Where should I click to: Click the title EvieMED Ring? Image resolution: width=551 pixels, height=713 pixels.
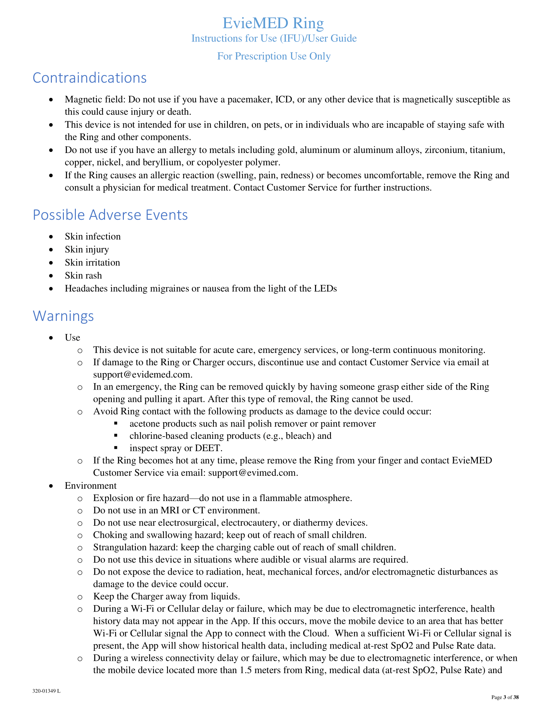coord(273,23)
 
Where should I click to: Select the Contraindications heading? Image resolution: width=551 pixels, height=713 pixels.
coord(89,78)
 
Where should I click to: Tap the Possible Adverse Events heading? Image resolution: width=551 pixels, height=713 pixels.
coord(110,215)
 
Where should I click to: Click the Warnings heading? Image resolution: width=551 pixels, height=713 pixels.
coord(63,316)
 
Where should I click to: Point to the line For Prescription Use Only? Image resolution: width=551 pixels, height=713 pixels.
coord(274,56)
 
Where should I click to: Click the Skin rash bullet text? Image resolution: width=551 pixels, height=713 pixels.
coord(83,275)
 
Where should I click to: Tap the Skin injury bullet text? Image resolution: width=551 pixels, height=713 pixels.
coord(87,250)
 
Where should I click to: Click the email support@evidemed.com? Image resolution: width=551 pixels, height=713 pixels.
coord(142,374)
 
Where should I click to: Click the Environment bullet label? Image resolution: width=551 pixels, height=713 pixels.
coord(90,486)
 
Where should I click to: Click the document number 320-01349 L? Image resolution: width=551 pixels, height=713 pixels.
coord(46,691)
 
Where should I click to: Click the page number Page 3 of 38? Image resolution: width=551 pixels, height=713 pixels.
coord(505,697)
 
